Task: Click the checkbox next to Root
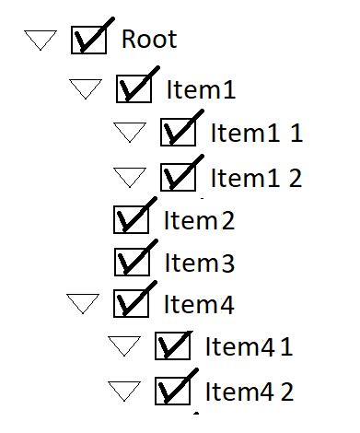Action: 88,41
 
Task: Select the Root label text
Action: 149,40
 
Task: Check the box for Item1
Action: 133,89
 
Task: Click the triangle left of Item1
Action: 86,88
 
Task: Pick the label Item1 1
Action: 256,133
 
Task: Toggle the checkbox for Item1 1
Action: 177,133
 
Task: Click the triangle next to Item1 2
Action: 130,175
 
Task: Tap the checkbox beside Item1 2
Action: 177,176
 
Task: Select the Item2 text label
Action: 199,221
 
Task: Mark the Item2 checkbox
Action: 130,221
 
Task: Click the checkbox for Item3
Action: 130,263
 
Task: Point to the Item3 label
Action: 199,263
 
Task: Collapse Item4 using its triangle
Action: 83,303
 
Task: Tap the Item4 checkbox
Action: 130,304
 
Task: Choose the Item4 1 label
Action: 249,347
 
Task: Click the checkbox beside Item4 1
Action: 172,347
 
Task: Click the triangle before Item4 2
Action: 125,391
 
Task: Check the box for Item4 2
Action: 172,392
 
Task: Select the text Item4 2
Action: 249,392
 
